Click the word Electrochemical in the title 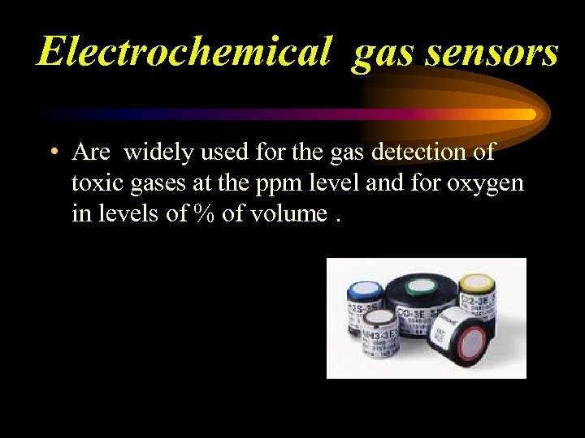pyautogui.click(x=183, y=52)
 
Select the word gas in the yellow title pyautogui.click(x=382, y=54)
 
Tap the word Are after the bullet pyautogui.click(x=90, y=152)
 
